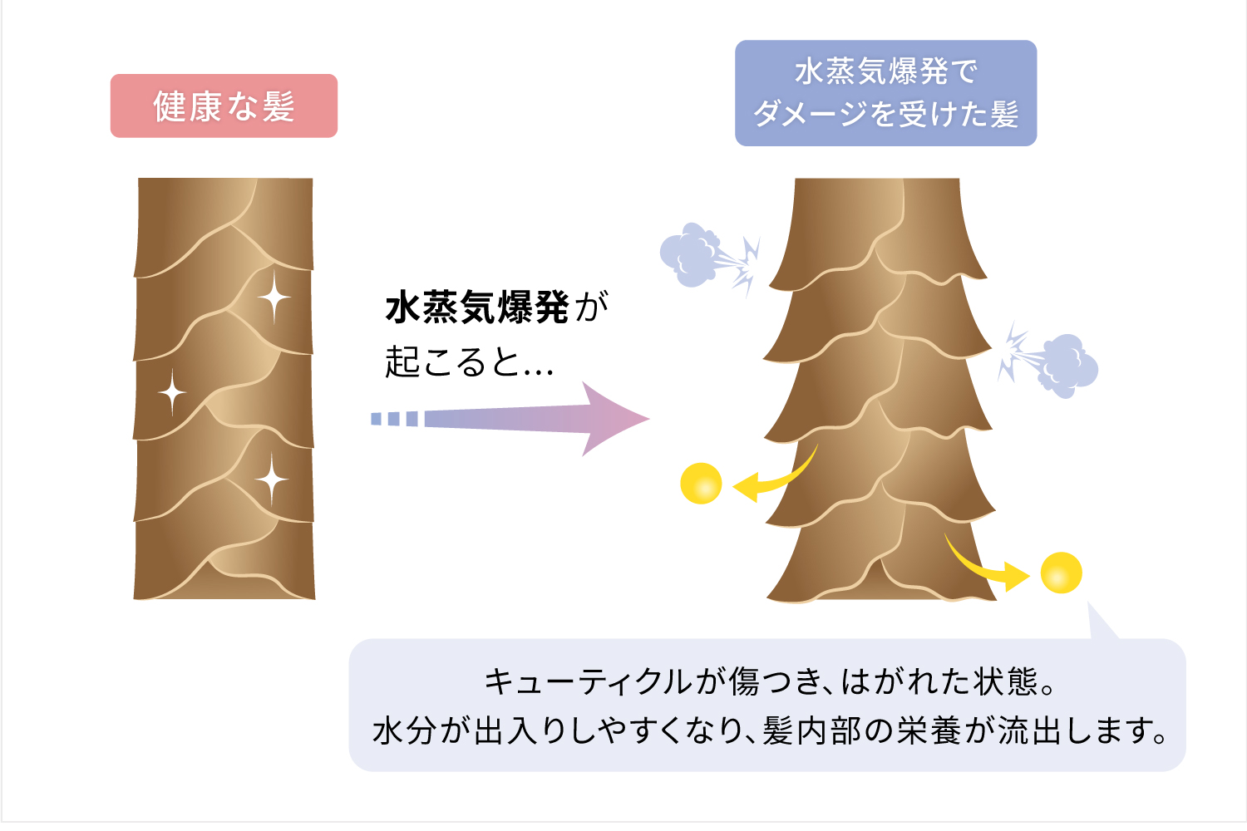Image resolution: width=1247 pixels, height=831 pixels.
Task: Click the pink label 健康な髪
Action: pyautogui.click(x=224, y=106)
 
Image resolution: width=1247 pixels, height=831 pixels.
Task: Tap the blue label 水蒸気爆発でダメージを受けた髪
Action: pyautogui.click(x=885, y=93)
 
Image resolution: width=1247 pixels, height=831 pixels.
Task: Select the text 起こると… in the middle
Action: pyautogui.click(x=469, y=362)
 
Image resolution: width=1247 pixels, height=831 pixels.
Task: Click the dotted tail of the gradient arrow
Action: pyautogui.click(x=394, y=419)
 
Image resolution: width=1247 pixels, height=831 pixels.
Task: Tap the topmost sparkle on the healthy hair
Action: pyautogui.click(x=274, y=296)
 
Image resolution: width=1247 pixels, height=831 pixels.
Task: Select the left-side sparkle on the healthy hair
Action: pyautogui.click(x=172, y=391)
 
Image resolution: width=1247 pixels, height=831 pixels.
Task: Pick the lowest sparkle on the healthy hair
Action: pyautogui.click(x=271, y=479)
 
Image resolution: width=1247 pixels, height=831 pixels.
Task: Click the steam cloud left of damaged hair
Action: pyautogui.click(x=689, y=254)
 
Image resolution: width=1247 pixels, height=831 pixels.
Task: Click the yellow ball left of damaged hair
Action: pyautogui.click(x=701, y=483)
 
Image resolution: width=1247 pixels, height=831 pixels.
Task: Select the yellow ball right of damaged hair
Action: pyautogui.click(x=1061, y=573)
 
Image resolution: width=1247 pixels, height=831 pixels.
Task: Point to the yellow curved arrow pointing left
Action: pyautogui.click(x=773, y=480)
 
